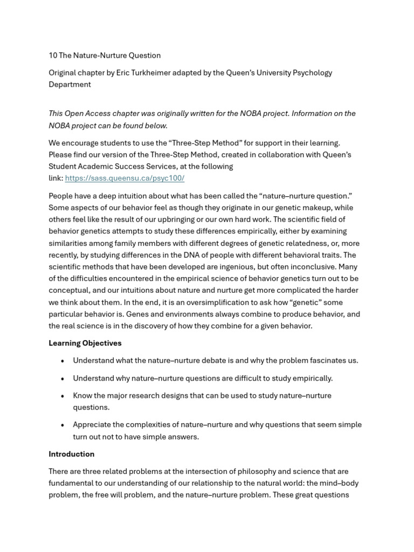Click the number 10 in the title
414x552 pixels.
(x=53, y=55)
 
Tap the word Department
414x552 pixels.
(x=70, y=84)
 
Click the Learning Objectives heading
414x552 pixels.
(x=85, y=343)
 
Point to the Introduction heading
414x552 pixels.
(x=71, y=454)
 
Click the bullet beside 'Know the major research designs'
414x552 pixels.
(x=63, y=396)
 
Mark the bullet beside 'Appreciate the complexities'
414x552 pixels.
(x=63, y=425)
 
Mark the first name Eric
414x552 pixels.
(x=124, y=72)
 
